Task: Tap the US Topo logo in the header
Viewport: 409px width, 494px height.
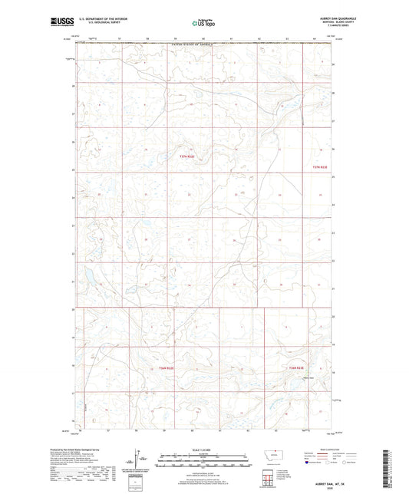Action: coord(203,24)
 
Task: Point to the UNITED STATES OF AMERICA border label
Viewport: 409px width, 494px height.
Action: coord(192,46)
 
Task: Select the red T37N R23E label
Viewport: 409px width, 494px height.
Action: coord(319,166)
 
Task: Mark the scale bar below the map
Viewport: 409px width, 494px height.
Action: coord(203,460)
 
